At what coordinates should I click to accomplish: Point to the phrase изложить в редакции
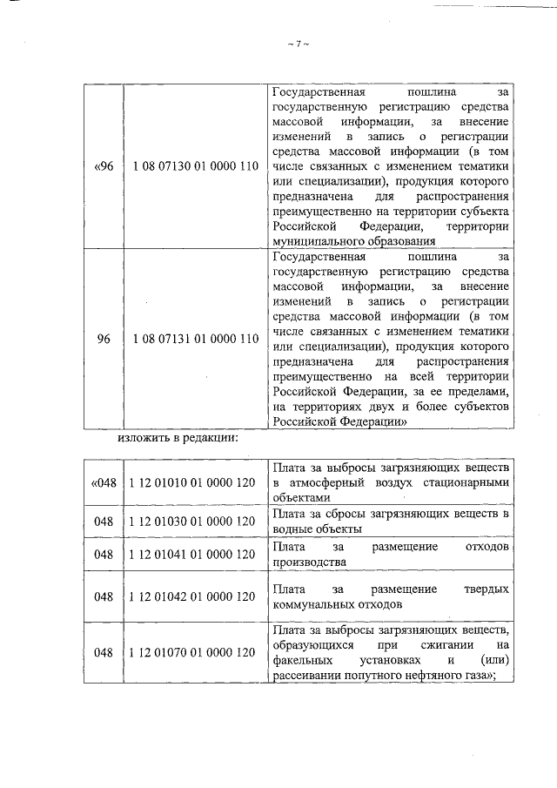178,437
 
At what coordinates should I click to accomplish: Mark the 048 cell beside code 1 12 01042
104,596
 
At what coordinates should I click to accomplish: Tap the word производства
309,562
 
